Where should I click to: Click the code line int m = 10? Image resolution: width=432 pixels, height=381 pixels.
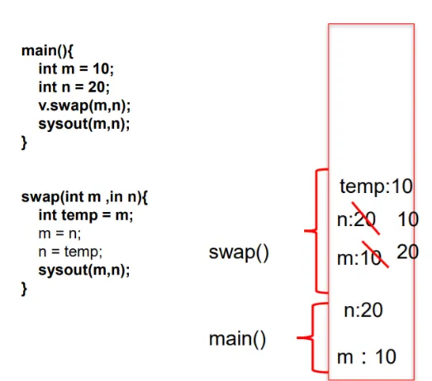(x=76, y=68)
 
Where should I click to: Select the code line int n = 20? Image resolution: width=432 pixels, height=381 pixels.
(x=74, y=87)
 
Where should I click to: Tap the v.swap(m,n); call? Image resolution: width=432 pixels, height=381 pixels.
(x=84, y=106)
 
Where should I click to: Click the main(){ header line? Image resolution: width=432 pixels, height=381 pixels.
(x=47, y=51)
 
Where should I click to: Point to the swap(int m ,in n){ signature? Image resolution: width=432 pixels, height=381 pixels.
(x=84, y=197)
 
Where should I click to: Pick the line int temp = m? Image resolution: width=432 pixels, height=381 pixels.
(x=86, y=215)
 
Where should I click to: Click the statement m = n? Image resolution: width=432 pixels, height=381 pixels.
(x=59, y=234)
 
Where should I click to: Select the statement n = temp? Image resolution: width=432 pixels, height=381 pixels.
(x=70, y=252)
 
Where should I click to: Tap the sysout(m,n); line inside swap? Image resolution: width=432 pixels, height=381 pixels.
(x=84, y=270)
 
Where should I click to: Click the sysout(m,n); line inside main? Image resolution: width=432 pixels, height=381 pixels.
(x=84, y=124)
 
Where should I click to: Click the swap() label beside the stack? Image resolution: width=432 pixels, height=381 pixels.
(x=239, y=252)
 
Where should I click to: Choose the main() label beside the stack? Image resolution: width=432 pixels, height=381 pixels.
(x=238, y=339)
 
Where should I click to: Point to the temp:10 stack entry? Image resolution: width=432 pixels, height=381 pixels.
(x=376, y=186)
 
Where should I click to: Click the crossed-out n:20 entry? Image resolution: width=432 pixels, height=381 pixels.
(x=357, y=220)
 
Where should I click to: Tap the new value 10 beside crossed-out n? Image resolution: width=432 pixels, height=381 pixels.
(x=408, y=219)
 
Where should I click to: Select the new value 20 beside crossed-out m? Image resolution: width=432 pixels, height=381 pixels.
(x=408, y=252)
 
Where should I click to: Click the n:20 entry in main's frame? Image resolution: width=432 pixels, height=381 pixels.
(x=363, y=310)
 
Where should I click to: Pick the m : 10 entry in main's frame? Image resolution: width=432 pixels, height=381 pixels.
(x=367, y=357)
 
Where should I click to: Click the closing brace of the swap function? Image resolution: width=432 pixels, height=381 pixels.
(x=24, y=289)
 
